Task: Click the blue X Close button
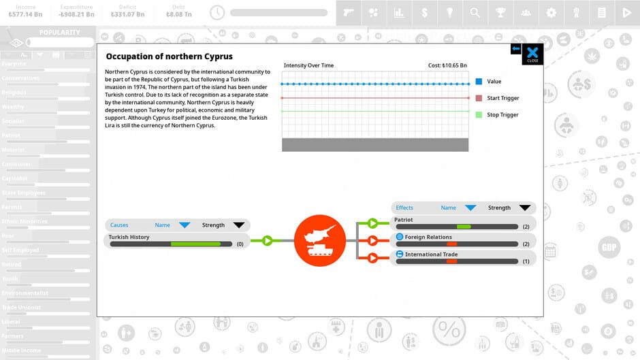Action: tap(532, 54)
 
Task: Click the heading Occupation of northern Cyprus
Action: tap(169, 56)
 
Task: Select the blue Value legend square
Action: tap(479, 82)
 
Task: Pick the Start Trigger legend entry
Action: tap(502, 98)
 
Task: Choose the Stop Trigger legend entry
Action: tap(502, 115)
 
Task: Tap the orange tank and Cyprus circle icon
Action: tap(315, 240)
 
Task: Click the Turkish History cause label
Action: tap(129, 237)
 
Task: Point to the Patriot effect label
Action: tap(404, 220)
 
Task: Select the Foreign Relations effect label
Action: tap(428, 237)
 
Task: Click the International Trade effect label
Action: tap(431, 255)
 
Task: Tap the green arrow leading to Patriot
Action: tap(372, 223)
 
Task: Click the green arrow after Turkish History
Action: tap(267, 240)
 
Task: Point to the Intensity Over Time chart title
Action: tap(308, 65)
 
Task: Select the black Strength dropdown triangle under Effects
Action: tap(524, 208)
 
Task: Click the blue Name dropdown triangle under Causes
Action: tap(185, 225)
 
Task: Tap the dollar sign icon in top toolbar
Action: tap(425, 12)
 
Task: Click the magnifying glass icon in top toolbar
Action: tap(475, 12)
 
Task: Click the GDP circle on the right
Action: tap(609, 248)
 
